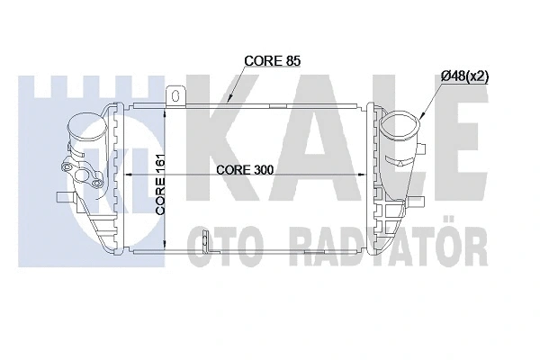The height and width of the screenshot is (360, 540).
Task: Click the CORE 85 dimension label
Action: pos(273,61)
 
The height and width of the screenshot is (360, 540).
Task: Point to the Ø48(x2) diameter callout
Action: pos(464,76)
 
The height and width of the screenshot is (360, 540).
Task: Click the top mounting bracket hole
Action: pos(177,94)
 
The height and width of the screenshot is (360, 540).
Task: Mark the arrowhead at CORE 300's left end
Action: pos(128,175)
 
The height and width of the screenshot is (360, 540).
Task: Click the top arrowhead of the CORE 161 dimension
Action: pos(166,110)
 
